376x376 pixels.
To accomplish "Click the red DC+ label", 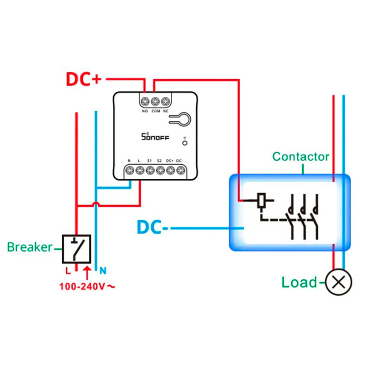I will (x=83, y=79).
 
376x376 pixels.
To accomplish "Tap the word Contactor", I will (x=301, y=156).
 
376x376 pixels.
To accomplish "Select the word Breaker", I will (x=30, y=247).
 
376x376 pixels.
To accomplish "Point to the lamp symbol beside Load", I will (x=338, y=282).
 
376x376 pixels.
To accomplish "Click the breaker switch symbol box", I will (x=77, y=249).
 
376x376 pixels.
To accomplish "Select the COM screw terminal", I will (x=155, y=102).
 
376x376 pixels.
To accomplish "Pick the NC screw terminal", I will (x=165, y=102).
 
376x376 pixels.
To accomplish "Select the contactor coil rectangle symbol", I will (x=262, y=200).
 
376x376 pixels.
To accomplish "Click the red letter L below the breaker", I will (x=68, y=270).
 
